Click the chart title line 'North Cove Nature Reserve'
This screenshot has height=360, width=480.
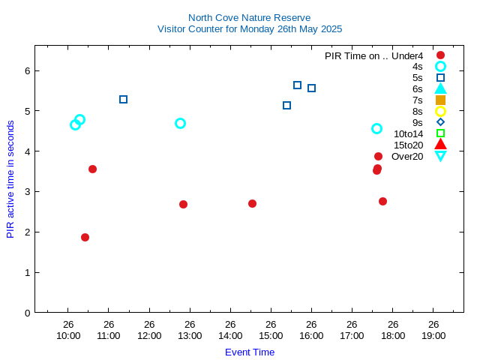[249, 17]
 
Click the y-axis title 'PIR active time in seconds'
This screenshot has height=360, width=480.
[10, 179]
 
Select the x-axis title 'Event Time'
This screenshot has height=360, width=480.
[250, 352]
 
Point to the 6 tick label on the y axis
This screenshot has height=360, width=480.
[26, 71]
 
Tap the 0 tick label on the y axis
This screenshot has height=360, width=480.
[26, 313]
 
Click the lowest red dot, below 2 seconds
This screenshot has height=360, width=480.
[85, 237]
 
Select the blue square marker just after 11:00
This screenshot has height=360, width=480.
[123, 99]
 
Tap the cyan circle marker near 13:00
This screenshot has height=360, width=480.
[180, 123]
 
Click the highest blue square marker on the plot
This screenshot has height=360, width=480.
[297, 85]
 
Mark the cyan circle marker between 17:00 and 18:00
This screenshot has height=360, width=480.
[376, 128]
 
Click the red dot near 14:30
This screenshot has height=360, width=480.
[252, 203]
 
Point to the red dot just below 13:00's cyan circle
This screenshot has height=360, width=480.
[183, 204]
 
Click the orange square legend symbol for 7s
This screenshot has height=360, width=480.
[440, 100]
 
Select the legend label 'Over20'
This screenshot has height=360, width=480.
[407, 156]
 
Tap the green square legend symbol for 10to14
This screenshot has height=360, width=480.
[440, 133]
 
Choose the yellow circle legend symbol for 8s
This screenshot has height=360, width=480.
[440, 111]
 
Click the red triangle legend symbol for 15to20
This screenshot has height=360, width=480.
[440, 144]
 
